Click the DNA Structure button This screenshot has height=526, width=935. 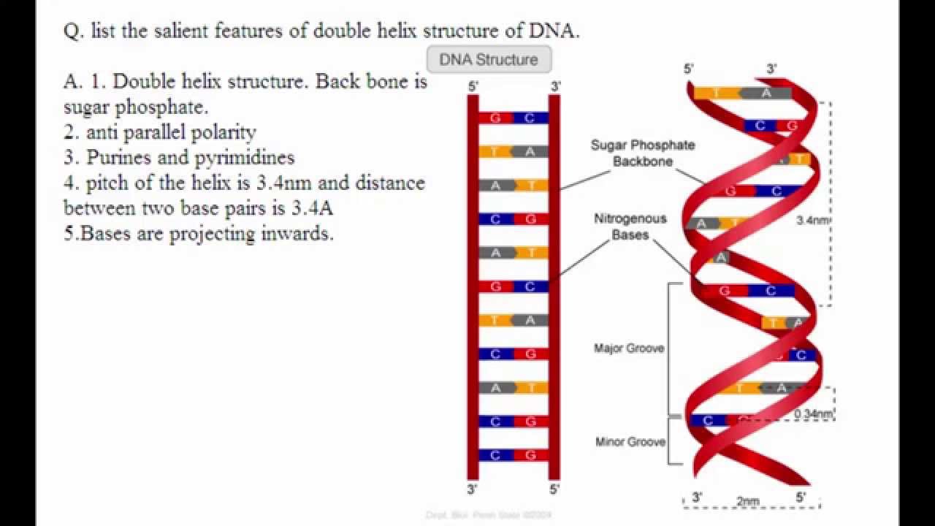pyautogui.click(x=488, y=60)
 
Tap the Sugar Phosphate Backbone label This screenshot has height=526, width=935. pyautogui.click(x=643, y=153)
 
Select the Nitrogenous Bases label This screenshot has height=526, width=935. pyautogui.click(x=630, y=226)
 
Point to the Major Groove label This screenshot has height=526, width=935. pyautogui.click(x=629, y=348)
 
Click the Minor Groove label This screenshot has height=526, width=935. pyautogui.click(x=630, y=442)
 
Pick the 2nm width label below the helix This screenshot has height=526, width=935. pyautogui.click(x=747, y=501)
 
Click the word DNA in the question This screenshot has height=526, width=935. pyautogui.click(x=551, y=31)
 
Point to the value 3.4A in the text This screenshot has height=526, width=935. pyautogui.click(x=312, y=207)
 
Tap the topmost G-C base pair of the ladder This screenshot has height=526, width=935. pyautogui.click(x=513, y=118)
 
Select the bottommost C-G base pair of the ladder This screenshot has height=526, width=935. pyautogui.click(x=513, y=455)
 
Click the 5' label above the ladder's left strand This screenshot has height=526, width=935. pyautogui.click(x=473, y=86)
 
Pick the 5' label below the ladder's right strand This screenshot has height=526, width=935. pyautogui.click(x=554, y=489)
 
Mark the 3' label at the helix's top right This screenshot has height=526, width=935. pyautogui.click(x=772, y=69)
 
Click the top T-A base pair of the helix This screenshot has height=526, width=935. pyautogui.click(x=741, y=93)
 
